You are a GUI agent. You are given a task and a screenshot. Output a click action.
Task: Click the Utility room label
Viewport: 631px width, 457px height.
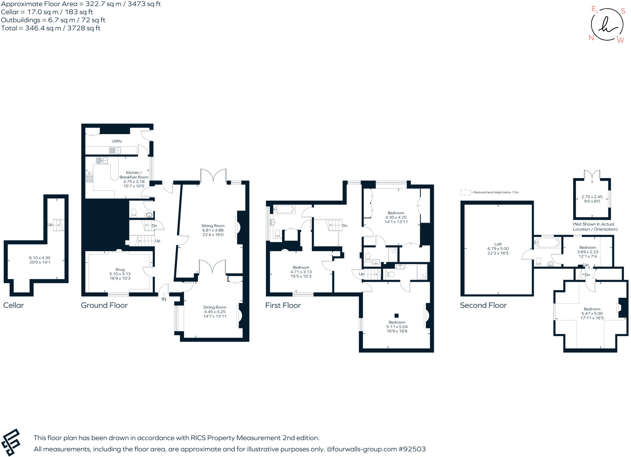coord(116,141)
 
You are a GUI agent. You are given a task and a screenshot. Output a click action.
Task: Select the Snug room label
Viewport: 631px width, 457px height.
coord(120,270)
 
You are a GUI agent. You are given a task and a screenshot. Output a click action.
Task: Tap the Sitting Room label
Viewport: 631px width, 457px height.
coord(213,226)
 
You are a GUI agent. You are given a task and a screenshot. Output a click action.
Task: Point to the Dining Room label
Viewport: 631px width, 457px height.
coord(214,307)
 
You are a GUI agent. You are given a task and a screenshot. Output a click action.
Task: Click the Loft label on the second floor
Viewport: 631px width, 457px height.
coord(498,244)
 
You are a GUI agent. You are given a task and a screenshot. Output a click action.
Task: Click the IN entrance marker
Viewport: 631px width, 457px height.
coord(164,299)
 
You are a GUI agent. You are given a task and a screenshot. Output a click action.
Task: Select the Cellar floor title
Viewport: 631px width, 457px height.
coord(14,305)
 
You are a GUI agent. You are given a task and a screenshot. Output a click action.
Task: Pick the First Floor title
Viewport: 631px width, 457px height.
coord(283,305)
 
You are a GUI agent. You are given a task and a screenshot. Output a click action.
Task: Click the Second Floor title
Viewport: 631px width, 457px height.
coord(483,305)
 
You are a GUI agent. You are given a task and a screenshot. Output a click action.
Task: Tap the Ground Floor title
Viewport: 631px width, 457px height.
coord(104,305)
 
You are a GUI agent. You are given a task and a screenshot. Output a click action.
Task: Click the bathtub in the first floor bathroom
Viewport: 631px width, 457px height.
coord(284,210)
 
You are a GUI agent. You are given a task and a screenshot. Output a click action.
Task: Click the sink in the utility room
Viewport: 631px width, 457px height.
coord(115,150)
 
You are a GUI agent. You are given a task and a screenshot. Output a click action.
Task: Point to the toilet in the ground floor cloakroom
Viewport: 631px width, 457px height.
coord(134,213)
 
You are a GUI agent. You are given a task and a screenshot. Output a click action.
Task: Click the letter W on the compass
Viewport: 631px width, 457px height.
coord(621,40)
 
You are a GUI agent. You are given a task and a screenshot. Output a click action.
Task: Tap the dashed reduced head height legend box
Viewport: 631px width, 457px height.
coord(465,192)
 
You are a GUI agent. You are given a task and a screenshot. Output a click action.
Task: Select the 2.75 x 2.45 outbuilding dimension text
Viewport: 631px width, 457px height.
coord(592,197)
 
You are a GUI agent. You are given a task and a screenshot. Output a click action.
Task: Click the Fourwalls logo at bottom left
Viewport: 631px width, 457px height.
coord(10,443)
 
